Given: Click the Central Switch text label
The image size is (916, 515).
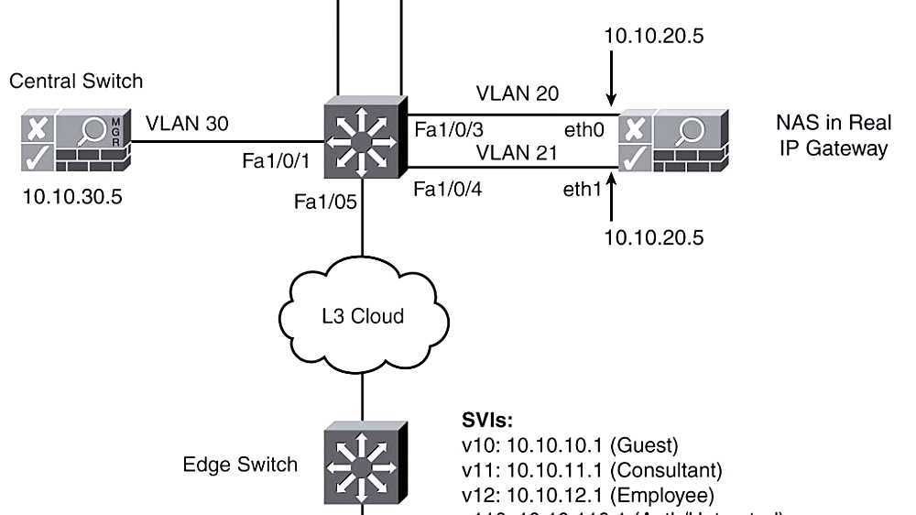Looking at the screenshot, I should click(x=76, y=81).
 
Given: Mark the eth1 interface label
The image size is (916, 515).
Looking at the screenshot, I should click(x=582, y=190).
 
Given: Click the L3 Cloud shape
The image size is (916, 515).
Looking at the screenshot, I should click(x=363, y=316).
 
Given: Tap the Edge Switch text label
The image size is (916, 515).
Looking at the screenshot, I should click(x=240, y=465).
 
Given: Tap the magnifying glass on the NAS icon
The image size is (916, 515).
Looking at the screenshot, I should click(x=689, y=130).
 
